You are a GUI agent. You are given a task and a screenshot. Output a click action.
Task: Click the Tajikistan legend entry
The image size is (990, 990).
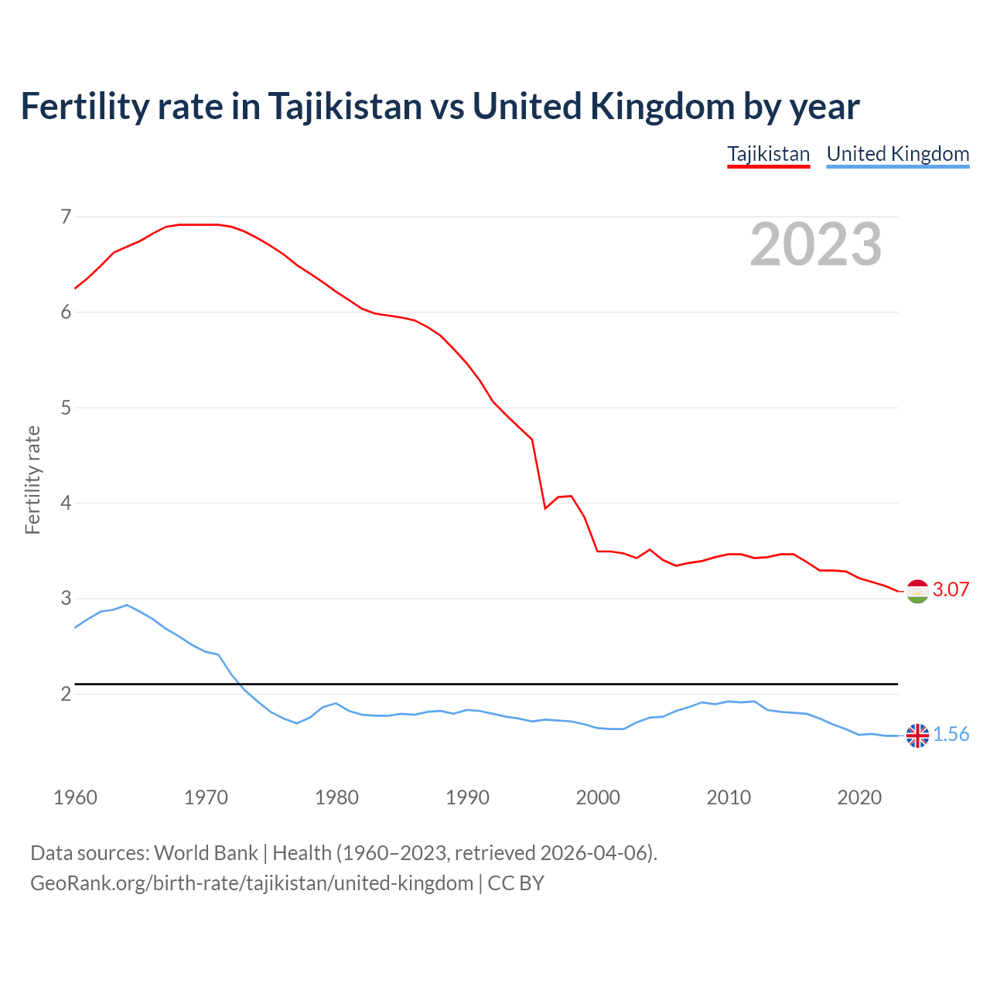click(768, 154)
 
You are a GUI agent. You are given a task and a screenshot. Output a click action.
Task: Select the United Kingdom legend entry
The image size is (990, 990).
click(897, 154)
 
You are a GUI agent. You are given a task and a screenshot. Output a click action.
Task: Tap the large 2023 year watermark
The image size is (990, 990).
click(815, 244)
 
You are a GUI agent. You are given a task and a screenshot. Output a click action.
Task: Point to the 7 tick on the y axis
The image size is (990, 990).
click(66, 217)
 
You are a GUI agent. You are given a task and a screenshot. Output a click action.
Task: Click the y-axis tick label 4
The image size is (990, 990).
click(66, 504)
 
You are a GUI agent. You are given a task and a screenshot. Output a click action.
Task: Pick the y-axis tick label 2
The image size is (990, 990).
click(66, 694)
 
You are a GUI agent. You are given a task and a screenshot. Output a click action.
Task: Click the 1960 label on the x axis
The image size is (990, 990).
click(75, 797)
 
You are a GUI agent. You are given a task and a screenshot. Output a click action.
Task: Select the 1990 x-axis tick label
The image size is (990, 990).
click(467, 797)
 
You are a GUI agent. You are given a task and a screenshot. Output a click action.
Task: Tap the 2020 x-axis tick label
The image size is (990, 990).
click(859, 797)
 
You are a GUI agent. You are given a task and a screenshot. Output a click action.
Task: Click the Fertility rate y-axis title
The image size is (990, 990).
click(32, 480)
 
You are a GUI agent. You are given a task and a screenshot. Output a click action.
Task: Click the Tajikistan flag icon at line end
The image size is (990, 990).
click(917, 591)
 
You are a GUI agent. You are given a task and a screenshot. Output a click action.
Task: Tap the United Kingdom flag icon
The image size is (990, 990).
click(917, 736)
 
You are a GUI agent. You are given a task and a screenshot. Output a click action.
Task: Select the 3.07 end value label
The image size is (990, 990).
click(951, 590)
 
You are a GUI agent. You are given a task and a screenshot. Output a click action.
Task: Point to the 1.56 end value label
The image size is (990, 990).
click(951, 735)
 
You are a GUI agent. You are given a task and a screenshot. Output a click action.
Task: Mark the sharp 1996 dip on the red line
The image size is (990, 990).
click(545, 508)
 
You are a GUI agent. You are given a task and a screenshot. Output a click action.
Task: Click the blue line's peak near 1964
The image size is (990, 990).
click(127, 605)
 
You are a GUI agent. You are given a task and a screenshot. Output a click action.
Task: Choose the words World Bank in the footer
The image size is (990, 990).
click(206, 853)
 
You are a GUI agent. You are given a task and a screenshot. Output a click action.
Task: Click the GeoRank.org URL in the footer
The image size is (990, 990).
click(251, 883)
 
